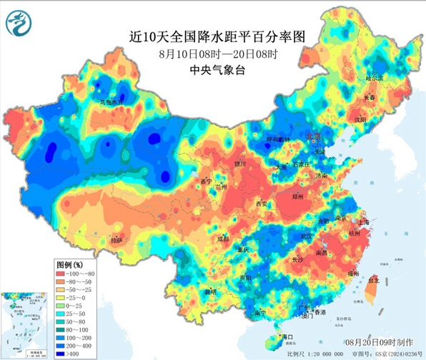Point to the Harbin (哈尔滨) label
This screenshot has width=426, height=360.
pyautogui.click(x=375, y=77)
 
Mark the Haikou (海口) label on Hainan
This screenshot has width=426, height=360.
pyautogui.click(x=288, y=336)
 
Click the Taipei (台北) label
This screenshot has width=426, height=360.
pyautogui.click(x=373, y=281)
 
